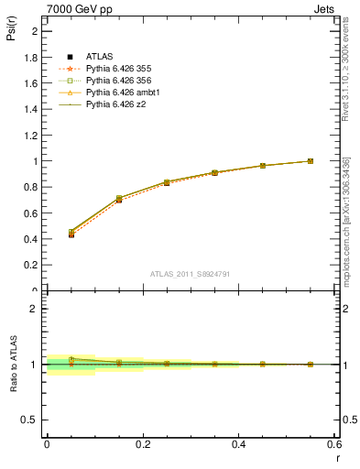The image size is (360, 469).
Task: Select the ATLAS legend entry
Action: tap(100, 57)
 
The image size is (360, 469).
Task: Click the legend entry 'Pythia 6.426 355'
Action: tap(116, 69)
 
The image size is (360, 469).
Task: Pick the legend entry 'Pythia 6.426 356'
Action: tap(116, 81)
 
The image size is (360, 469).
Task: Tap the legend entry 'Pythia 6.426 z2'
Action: tap(114, 104)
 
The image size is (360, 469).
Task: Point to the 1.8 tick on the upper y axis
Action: tap(32, 57)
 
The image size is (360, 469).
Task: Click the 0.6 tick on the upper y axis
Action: tap(32, 213)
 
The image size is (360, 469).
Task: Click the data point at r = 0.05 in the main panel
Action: tap(71, 234)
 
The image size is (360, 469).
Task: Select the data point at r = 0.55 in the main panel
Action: tap(311, 161)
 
